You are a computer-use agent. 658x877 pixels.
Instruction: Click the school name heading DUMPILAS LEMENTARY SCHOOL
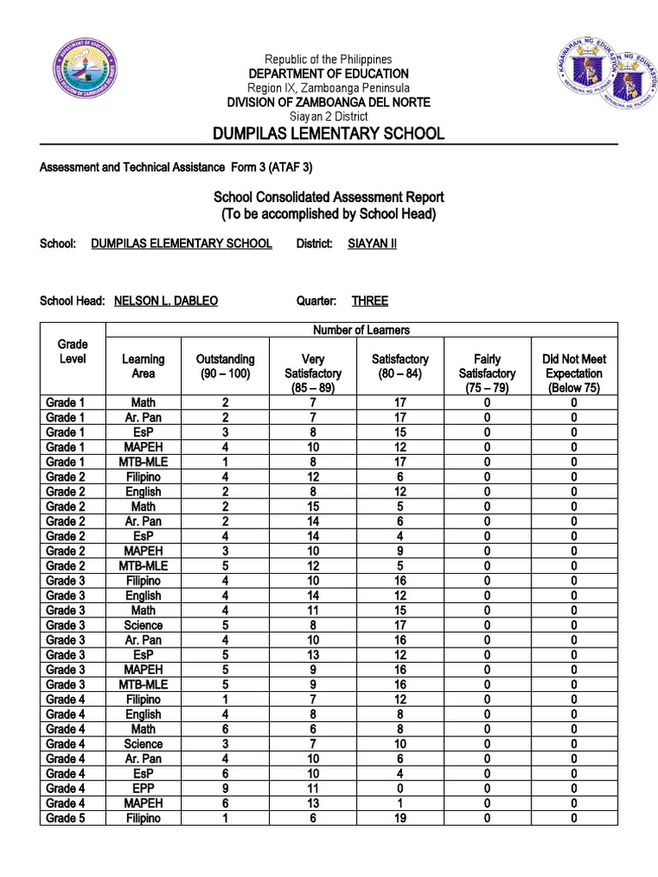click(329, 133)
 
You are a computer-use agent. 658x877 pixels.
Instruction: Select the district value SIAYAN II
click(372, 243)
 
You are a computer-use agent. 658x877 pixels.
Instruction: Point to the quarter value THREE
click(369, 301)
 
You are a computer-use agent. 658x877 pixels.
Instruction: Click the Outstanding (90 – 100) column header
click(225, 367)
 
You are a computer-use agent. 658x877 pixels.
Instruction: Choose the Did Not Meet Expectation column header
click(573, 373)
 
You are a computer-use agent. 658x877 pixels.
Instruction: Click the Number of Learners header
click(361, 330)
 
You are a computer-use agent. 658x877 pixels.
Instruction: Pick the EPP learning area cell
click(143, 788)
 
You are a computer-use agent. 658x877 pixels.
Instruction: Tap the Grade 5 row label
click(66, 818)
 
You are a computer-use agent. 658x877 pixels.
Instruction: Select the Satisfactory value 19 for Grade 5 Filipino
click(400, 818)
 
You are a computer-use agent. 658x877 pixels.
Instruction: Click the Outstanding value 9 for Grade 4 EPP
click(225, 788)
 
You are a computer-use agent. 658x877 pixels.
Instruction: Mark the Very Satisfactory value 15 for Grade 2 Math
click(313, 506)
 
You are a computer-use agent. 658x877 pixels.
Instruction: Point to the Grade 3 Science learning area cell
click(143, 625)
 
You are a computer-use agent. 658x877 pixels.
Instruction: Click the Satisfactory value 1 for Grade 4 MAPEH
click(400, 803)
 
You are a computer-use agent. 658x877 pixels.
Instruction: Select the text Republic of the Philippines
click(328, 59)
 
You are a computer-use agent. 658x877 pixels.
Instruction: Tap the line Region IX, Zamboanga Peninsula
click(328, 88)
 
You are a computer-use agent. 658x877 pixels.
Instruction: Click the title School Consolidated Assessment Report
click(328, 198)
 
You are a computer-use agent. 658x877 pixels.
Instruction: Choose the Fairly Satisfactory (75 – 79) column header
click(487, 373)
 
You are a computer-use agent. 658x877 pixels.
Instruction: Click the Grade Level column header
click(72, 351)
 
